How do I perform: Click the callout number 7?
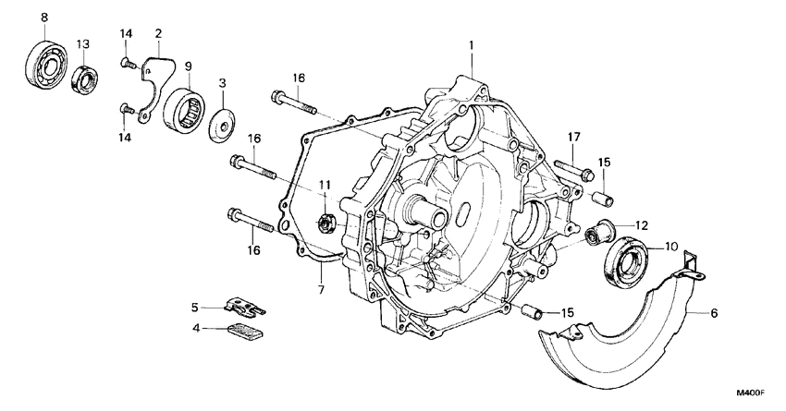pyautogui.click(x=321, y=290)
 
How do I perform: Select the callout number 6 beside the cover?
pyautogui.click(x=714, y=313)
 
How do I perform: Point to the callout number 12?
pyautogui.click(x=641, y=224)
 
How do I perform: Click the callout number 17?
pyautogui.click(x=573, y=139)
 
